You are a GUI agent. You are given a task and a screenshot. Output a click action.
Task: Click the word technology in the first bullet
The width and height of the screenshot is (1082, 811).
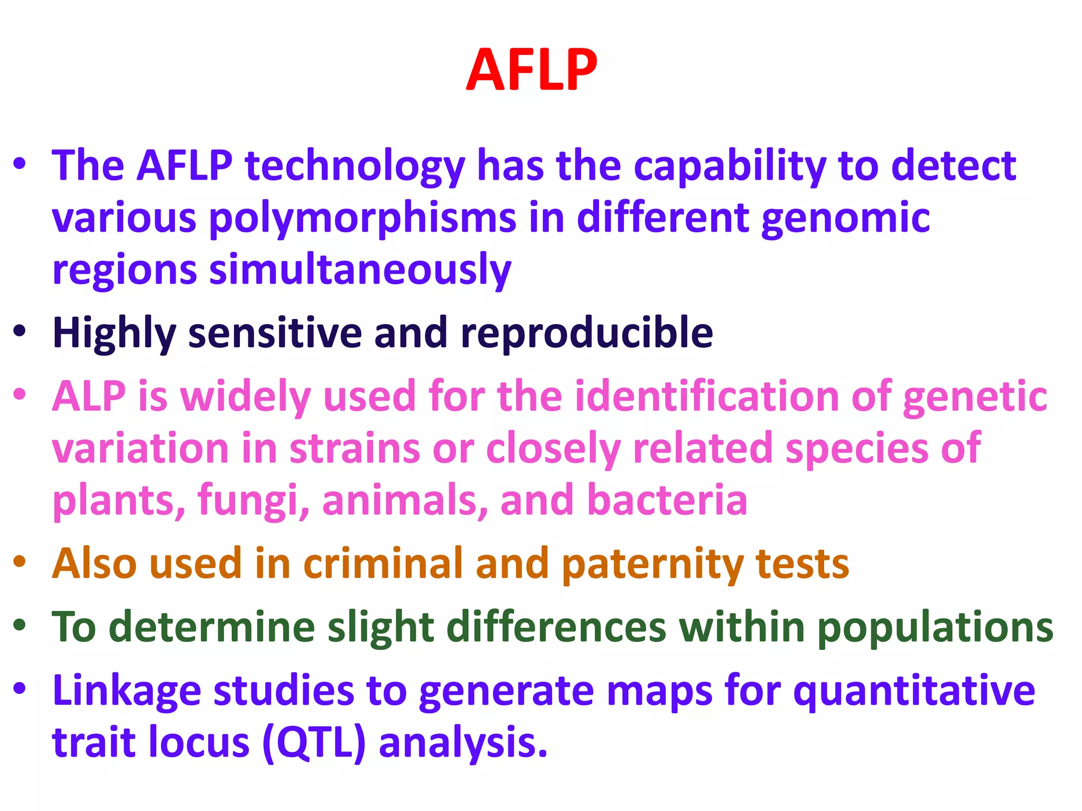tap(355, 166)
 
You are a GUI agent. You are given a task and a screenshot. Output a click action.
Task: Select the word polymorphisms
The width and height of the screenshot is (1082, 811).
tap(363, 219)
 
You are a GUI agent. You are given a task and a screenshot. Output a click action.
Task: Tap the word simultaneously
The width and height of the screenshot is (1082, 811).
tap(360, 270)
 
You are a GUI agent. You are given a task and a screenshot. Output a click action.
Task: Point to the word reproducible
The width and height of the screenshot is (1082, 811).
tap(586, 333)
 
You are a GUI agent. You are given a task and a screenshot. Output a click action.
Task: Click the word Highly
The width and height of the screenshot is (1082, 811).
tap(114, 334)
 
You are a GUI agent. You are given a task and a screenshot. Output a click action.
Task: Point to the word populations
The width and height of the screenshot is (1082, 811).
tap(935, 628)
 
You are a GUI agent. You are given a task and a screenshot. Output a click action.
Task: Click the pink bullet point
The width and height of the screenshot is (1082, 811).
tap(20, 394)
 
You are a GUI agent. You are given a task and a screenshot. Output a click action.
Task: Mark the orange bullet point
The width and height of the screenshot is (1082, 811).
tap(20, 561)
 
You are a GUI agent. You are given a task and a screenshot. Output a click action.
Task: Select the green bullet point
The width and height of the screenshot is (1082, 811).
tap(20, 625)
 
